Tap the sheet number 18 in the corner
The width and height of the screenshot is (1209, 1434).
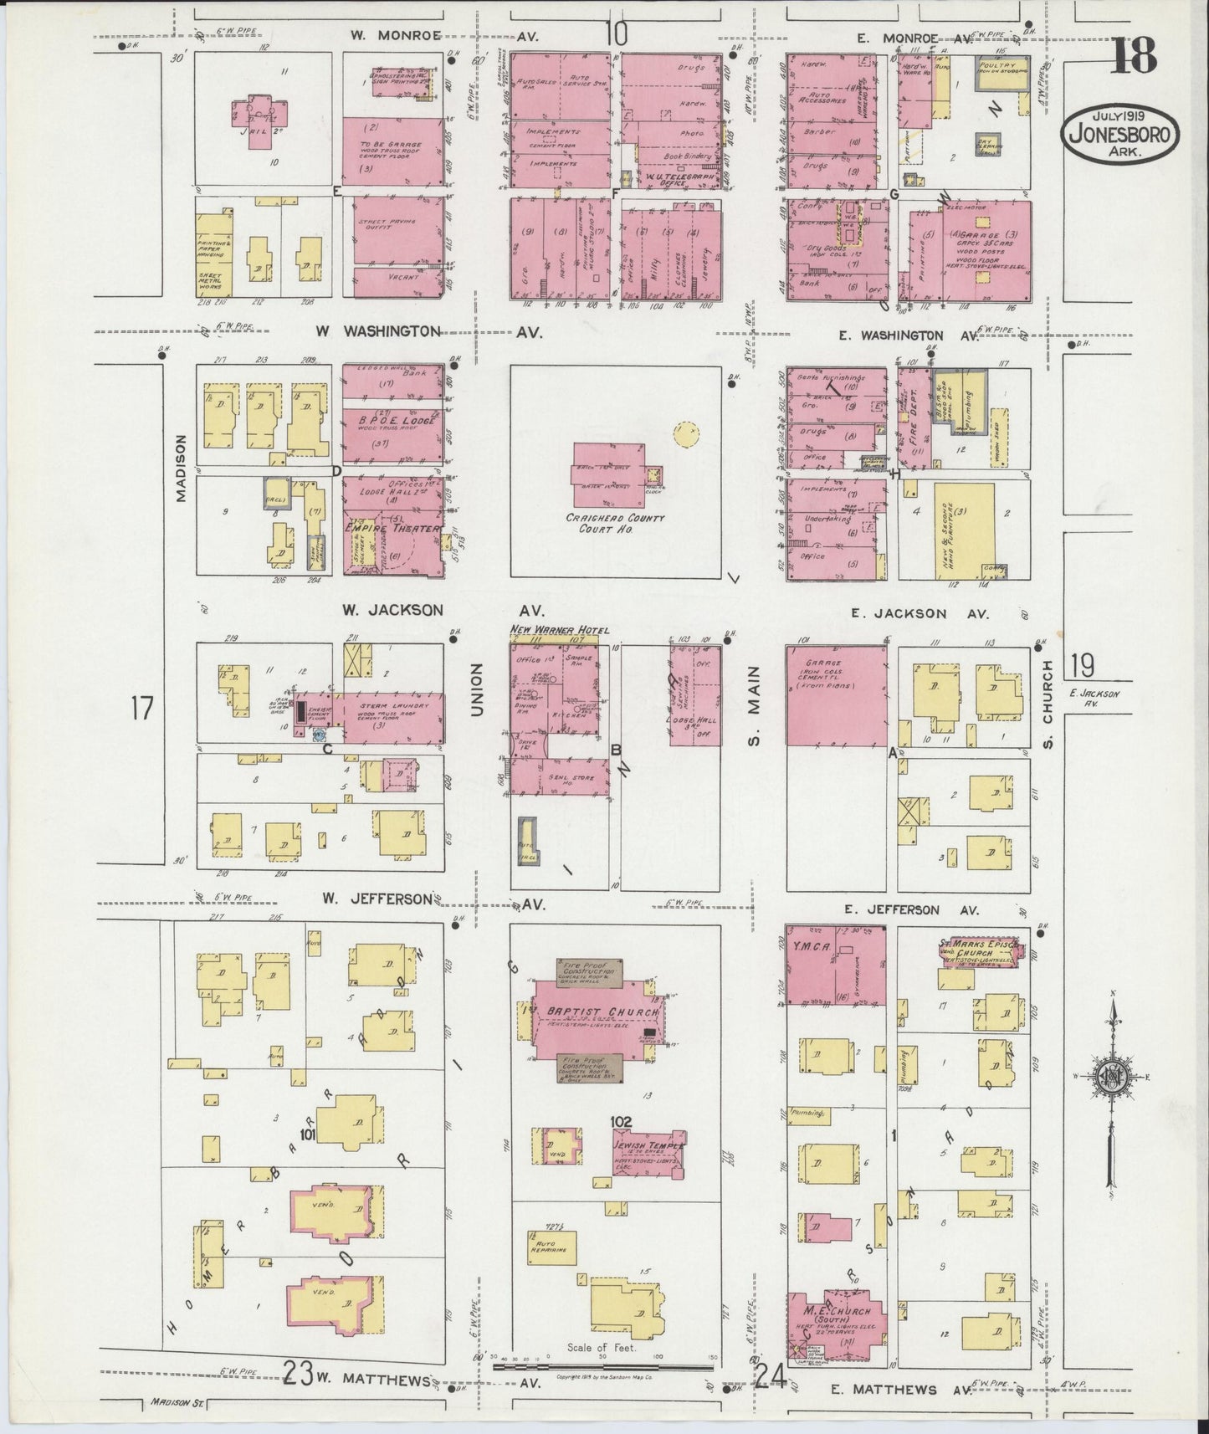click(x=1135, y=56)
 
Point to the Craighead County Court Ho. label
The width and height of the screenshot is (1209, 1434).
click(x=615, y=524)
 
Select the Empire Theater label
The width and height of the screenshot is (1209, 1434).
click(x=393, y=529)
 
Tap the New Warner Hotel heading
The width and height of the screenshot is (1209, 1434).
click(x=560, y=629)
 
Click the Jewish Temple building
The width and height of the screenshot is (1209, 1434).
click(x=649, y=1151)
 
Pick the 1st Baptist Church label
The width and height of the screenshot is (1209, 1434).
click(x=596, y=1011)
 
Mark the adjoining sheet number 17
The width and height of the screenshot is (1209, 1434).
click(x=142, y=709)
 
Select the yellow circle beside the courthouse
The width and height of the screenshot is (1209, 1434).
click(x=686, y=433)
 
